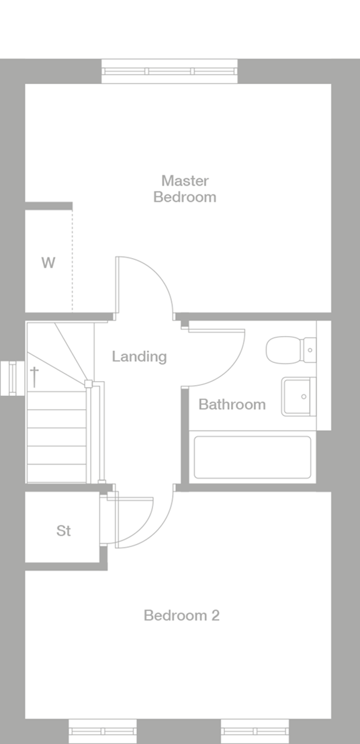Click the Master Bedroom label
tap(185, 189)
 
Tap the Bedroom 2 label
tap(181, 615)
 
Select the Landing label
tap(139, 356)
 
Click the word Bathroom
tap(232, 405)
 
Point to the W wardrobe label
tap(48, 263)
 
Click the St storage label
tap(63, 531)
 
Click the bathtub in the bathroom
tap(253, 457)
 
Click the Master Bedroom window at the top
tap(169, 71)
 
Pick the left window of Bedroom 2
tap(103, 731)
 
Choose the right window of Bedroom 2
tap(255, 731)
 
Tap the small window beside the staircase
tap(11, 378)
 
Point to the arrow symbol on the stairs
tap(34, 376)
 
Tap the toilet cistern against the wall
tap(310, 349)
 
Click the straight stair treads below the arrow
tap(56, 437)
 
